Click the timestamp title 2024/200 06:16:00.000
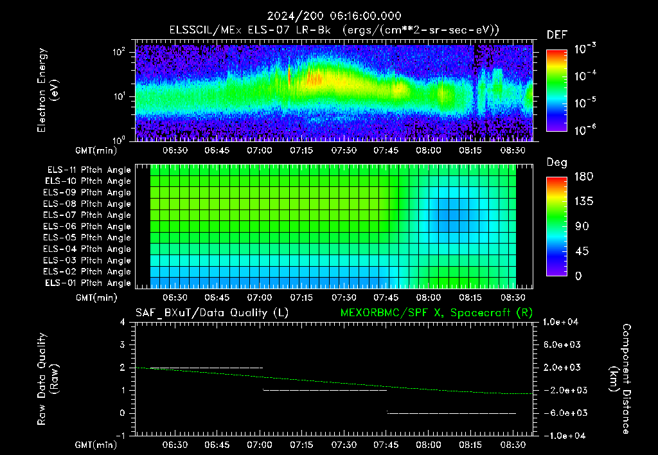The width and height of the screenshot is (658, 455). coord(334,16)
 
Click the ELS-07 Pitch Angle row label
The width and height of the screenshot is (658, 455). coord(87,215)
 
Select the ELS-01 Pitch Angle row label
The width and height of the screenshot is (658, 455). coord(88,283)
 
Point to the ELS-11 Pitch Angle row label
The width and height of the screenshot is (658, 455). coord(89,170)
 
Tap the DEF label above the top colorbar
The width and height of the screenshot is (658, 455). coord(557,35)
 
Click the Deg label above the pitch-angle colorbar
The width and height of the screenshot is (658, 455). coord(557,163)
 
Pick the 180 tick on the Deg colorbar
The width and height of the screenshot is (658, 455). coord(583,176)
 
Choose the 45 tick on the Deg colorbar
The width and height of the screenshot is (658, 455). coord(582,251)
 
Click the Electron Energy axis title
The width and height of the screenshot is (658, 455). coord(48,90)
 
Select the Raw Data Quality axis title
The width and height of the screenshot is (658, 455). coord(48,379)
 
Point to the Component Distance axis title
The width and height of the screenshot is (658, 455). coord(620,379)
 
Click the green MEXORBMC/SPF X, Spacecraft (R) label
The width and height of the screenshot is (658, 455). coord(436,313)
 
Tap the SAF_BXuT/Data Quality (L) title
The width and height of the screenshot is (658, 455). coord(212,313)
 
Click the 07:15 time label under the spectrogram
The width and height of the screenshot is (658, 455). coord(301,150)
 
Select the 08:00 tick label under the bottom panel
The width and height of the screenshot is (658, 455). coord(428,445)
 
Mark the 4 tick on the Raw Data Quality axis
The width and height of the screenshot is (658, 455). coord(123,322)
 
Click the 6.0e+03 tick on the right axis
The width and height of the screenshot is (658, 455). coord(562,344)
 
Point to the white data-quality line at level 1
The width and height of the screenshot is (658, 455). coord(325,390)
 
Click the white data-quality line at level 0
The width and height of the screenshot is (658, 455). coord(452,413)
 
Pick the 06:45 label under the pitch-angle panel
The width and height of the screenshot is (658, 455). coord(217,298)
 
